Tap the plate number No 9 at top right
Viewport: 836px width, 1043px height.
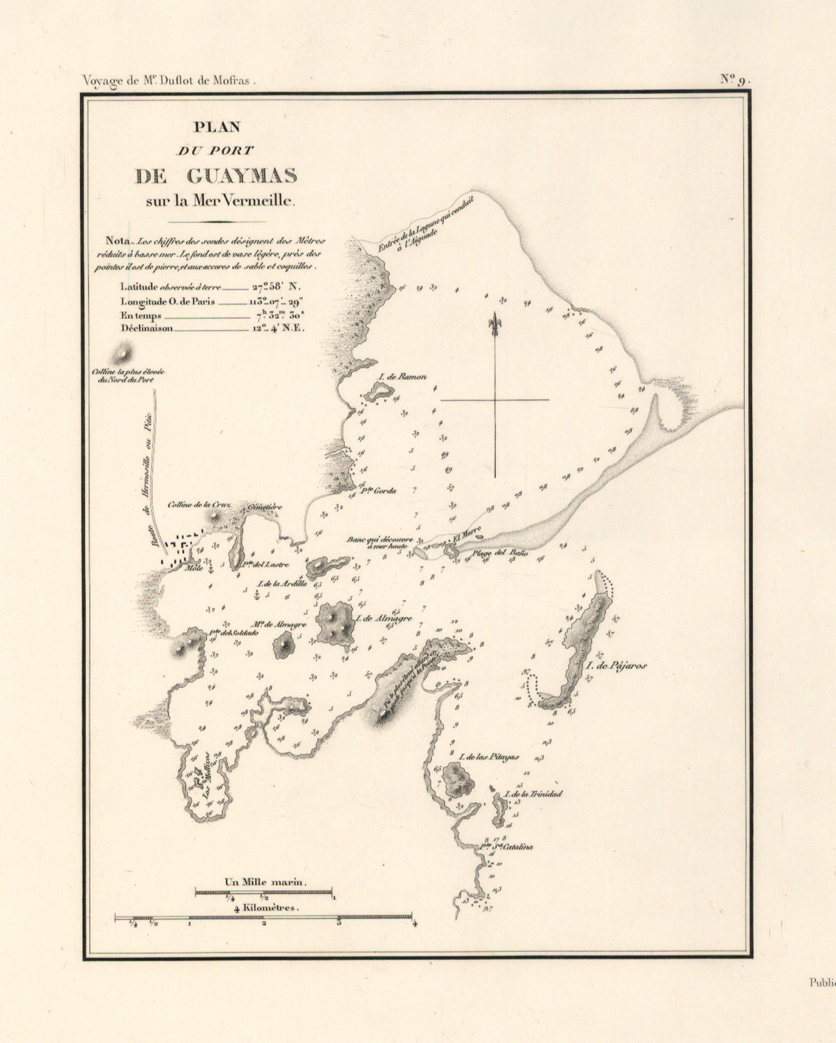[x=734, y=79]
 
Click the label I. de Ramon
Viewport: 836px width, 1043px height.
[x=402, y=377]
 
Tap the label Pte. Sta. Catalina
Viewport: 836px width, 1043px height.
[x=507, y=847]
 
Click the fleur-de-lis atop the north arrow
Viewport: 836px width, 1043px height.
[x=495, y=323]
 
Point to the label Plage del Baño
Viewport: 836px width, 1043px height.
[x=500, y=554]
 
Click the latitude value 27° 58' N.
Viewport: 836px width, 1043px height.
[x=276, y=286]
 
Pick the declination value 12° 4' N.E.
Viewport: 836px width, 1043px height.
[x=278, y=328]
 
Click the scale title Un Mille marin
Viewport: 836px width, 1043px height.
[x=265, y=882]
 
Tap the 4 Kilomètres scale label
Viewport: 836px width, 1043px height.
[x=266, y=908]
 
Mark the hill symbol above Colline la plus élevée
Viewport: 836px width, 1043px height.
[x=123, y=354]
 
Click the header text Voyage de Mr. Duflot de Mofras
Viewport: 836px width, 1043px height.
[x=169, y=80]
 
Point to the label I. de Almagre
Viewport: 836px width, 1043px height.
[x=383, y=618]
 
